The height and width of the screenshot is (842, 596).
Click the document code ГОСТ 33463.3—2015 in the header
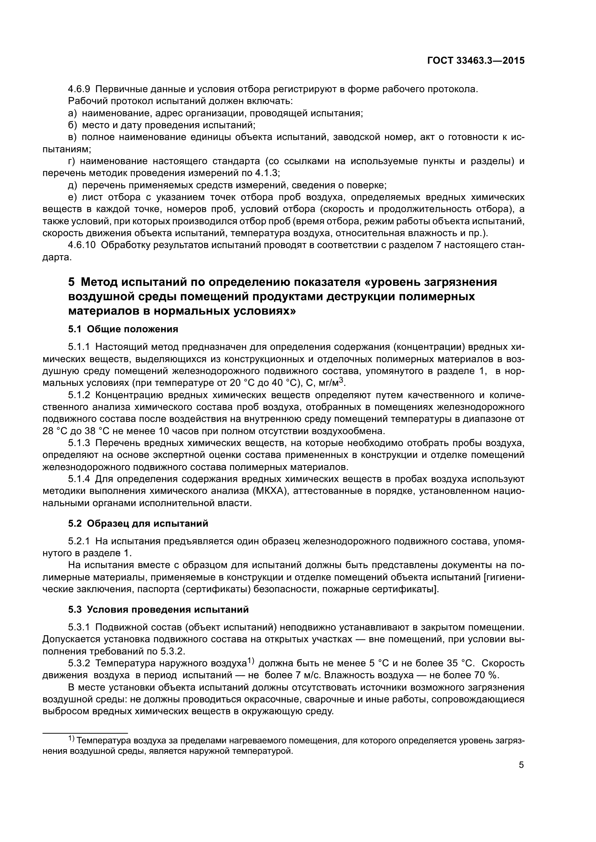(476, 61)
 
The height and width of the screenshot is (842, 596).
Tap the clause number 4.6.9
(79, 89)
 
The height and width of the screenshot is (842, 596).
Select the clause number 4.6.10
(82, 245)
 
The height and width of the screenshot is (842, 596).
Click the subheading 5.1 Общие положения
(123, 329)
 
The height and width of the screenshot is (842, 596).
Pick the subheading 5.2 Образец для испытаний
(138, 523)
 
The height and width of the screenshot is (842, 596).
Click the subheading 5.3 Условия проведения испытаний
(158, 609)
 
